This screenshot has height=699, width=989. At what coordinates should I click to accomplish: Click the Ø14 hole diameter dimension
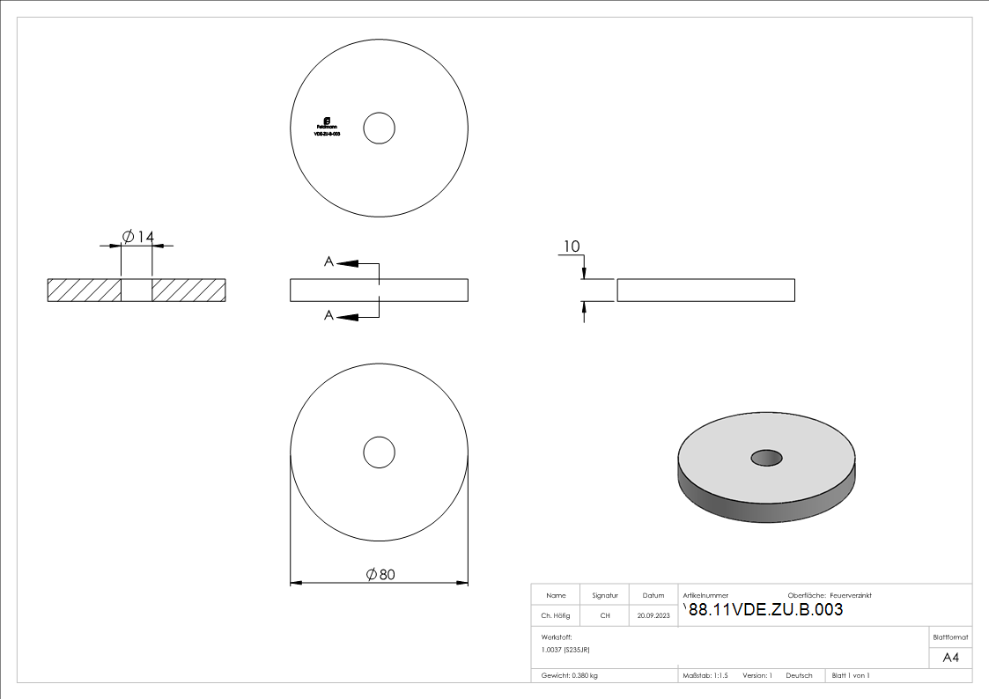tap(137, 237)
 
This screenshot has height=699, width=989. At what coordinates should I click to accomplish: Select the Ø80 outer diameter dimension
tap(380, 574)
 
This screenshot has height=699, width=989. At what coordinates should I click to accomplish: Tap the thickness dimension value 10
tap(572, 246)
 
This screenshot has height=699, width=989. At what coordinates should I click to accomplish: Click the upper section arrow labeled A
tap(349, 262)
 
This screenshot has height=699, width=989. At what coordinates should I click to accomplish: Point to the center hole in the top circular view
tap(380, 128)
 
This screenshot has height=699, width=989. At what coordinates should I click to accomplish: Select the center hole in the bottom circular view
tap(380, 453)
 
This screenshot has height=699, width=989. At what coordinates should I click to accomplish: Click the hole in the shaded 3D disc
tap(766, 457)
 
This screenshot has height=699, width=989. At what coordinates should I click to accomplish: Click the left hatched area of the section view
tap(84, 291)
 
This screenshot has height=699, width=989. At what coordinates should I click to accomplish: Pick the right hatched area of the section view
tap(188, 291)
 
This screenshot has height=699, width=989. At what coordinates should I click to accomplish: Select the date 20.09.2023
tap(653, 616)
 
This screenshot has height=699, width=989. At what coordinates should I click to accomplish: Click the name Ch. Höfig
tap(555, 616)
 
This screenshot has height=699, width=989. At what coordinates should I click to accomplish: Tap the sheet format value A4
tap(950, 658)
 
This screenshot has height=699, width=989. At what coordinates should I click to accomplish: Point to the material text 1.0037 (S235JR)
tap(565, 649)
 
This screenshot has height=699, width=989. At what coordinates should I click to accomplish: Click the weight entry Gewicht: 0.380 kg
tap(569, 675)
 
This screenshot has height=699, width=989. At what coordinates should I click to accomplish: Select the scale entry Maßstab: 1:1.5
tap(705, 675)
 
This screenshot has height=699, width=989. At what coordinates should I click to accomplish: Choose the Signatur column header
tap(605, 595)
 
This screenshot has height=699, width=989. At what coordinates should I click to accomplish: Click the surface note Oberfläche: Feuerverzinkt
tap(829, 595)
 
